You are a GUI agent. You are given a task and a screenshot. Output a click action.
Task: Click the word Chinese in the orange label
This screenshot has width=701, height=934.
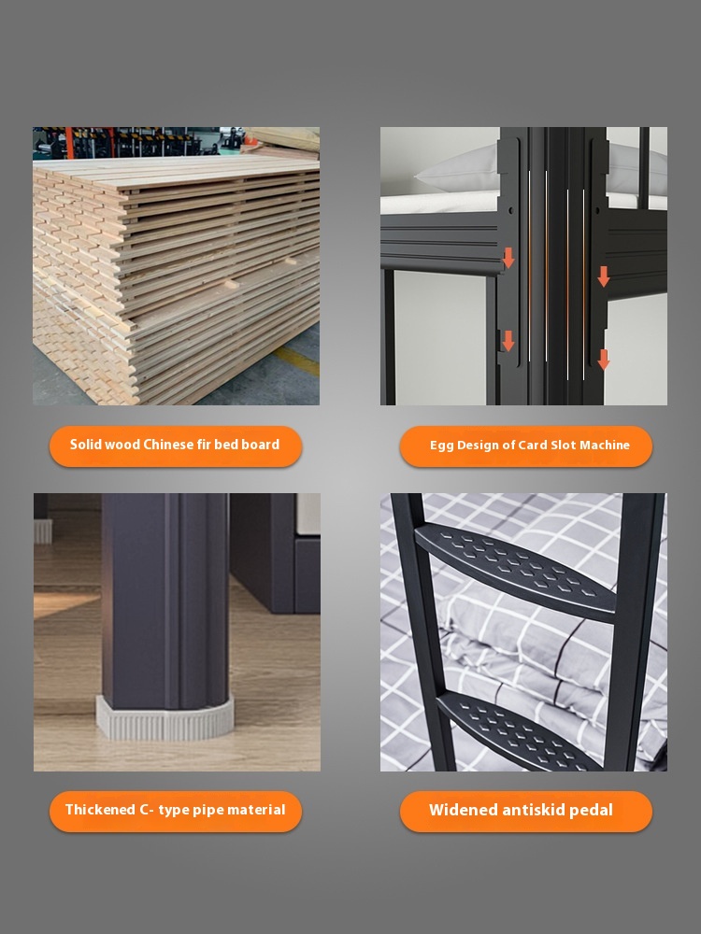point(169,445)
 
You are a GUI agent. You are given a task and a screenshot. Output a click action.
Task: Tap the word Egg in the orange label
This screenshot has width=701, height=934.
point(441,446)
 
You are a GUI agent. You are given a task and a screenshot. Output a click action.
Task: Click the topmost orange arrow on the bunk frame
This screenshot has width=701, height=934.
point(508,258)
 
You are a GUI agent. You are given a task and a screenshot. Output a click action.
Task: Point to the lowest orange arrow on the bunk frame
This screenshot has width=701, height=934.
point(604,360)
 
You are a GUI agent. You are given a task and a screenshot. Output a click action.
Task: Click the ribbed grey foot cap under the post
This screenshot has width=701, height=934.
point(165,717)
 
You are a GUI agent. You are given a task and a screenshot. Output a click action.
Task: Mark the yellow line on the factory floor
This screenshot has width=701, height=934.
point(296,361)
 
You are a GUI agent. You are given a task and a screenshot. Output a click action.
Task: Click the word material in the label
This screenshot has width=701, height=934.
point(256,810)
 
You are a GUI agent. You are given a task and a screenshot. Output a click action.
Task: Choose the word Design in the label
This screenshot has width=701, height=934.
point(477,446)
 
